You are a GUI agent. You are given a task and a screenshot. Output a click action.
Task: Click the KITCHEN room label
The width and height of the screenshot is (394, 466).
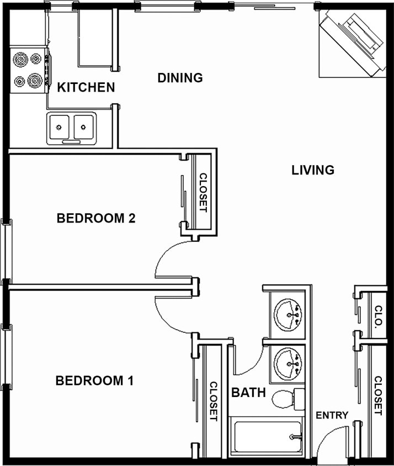click(86, 87)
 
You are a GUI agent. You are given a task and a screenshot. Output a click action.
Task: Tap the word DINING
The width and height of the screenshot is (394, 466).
click(180, 78)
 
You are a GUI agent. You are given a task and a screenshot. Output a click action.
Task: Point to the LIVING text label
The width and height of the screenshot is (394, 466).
click(313, 170)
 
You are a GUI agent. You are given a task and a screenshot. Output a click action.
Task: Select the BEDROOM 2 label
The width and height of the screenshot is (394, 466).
click(96, 218)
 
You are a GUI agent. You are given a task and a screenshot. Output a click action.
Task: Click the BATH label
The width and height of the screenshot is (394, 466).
click(248, 393)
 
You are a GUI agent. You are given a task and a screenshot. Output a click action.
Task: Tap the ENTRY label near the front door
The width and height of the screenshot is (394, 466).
click(332, 415)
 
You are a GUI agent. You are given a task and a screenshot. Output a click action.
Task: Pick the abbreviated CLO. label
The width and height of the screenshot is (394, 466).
click(378, 317)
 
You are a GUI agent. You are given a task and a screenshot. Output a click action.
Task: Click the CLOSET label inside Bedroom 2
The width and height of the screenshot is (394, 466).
click(203, 193)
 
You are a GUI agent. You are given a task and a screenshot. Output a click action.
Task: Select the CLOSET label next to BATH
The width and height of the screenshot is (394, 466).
click(214, 401)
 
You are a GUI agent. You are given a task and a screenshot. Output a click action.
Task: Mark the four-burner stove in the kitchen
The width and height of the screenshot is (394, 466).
click(28, 69)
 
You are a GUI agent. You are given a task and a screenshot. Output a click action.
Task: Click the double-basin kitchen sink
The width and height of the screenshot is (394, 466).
click(71, 128)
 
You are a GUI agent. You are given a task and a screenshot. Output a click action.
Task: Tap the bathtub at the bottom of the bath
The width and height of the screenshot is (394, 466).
click(267, 437)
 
